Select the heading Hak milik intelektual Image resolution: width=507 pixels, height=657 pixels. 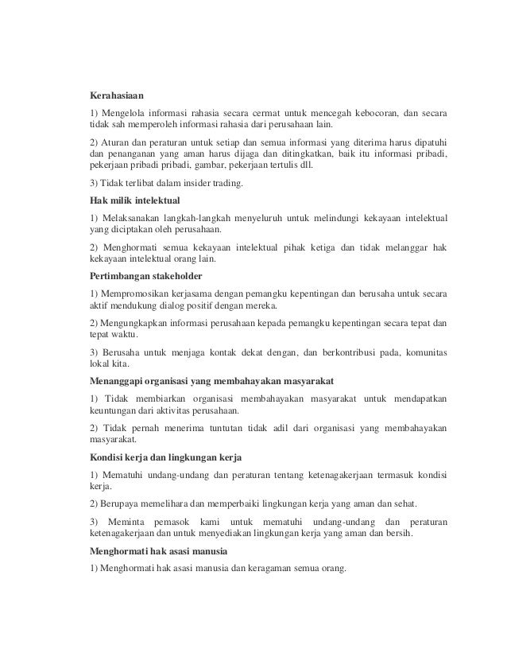[136, 200]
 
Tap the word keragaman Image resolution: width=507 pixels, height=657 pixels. [261, 568]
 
